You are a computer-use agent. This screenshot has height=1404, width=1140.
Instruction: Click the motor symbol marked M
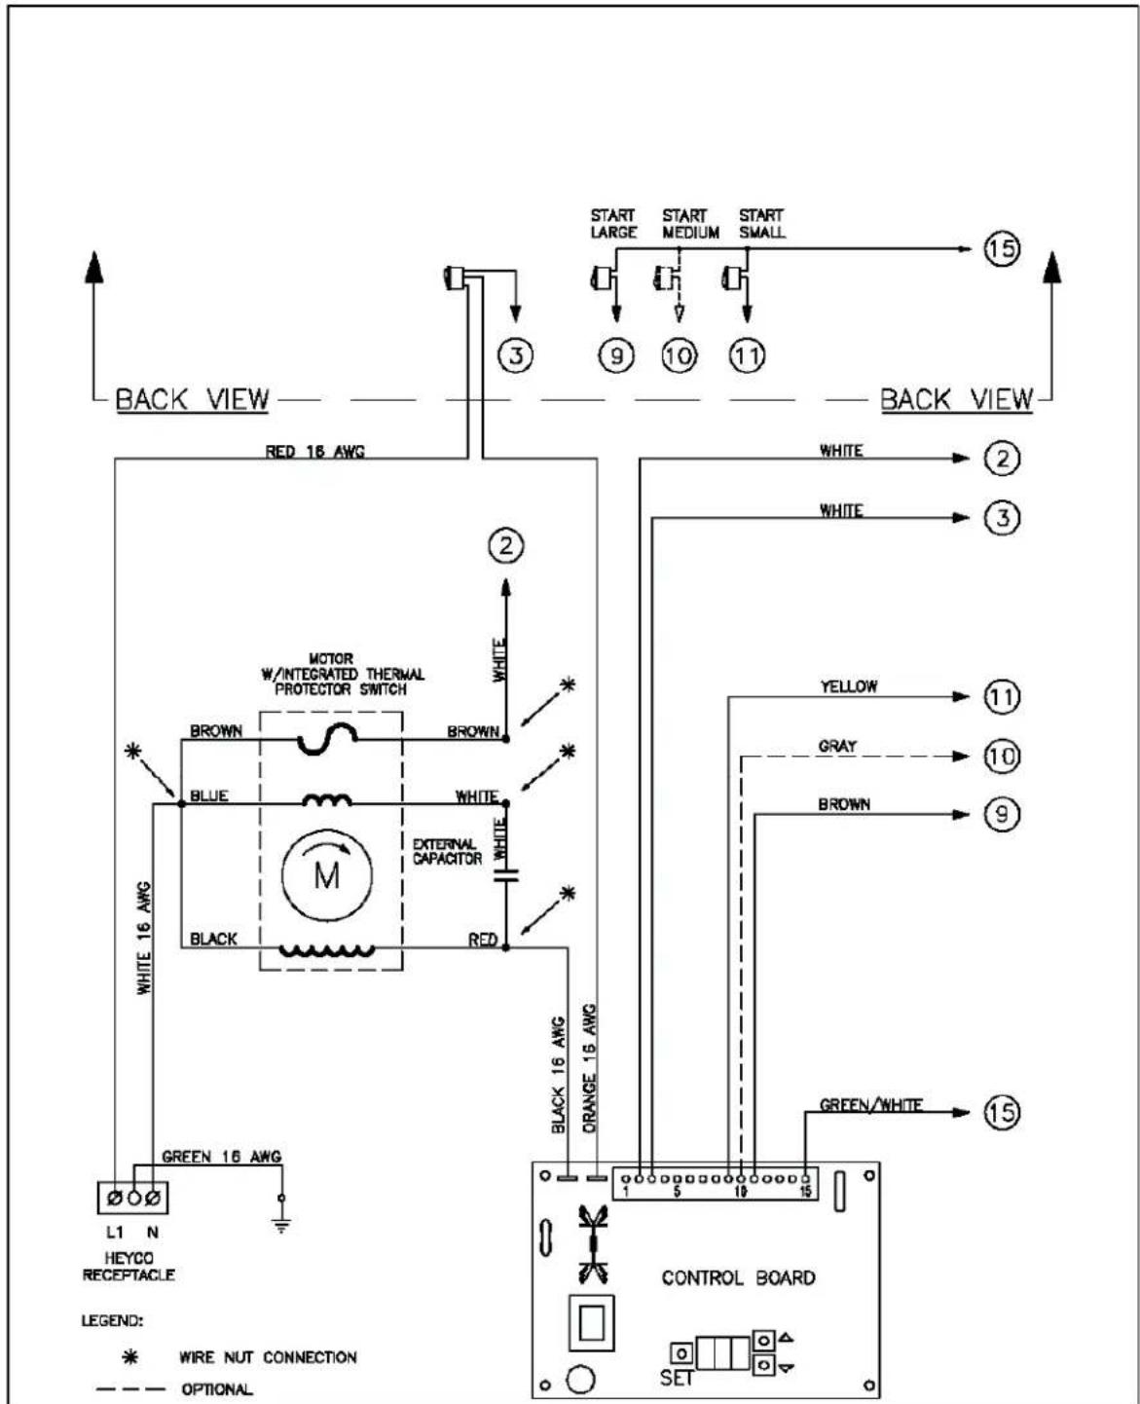point(327,874)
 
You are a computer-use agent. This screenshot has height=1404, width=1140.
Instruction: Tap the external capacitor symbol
point(506,875)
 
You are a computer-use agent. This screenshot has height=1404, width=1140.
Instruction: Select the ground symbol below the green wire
point(281,1227)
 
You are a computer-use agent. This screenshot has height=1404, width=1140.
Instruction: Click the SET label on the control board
point(676,1379)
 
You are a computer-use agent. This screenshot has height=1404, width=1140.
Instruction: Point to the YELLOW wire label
point(849,686)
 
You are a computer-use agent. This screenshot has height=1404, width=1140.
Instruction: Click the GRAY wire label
point(837,746)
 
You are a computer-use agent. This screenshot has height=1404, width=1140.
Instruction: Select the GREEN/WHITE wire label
point(870,1105)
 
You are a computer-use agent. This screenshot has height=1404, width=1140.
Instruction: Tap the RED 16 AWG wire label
point(314,452)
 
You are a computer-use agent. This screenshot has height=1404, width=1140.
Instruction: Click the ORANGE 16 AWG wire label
point(589,1068)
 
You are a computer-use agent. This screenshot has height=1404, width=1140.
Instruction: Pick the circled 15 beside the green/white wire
point(1002,1112)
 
